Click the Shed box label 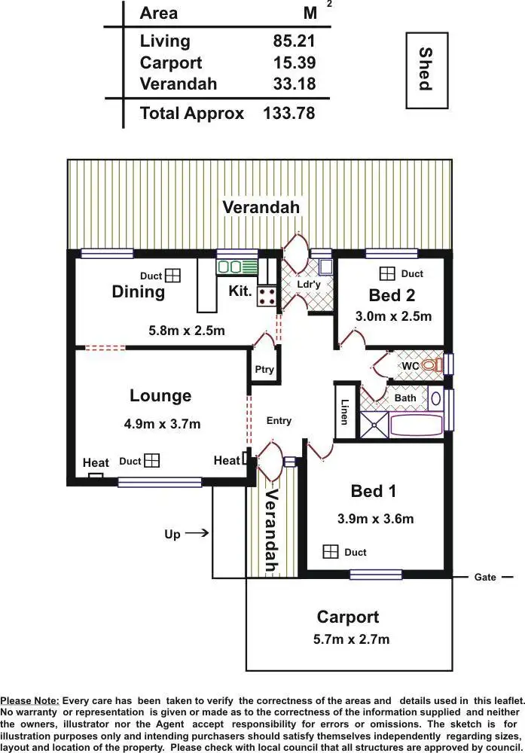[426, 69]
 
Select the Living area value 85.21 [294, 41]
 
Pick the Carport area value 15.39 [294, 63]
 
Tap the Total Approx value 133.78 [288, 114]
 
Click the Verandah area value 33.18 [294, 84]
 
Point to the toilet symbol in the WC [431, 365]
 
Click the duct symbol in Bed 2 [387, 274]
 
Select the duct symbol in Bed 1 [330, 552]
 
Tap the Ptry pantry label [264, 370]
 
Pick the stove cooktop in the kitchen [267, 296]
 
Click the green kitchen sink [229, 267]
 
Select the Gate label [485, 578]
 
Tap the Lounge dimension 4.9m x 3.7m [162, 424]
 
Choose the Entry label [279, 421]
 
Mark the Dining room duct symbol [173, 276]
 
